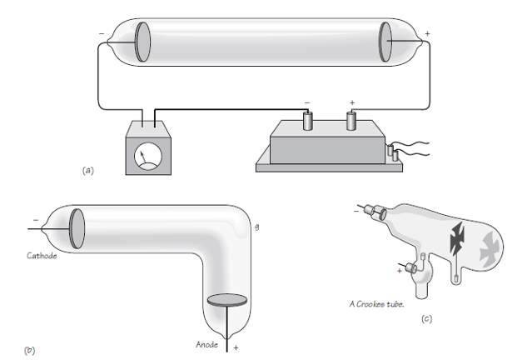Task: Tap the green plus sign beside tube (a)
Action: tap(428, 33)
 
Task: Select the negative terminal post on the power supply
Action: tap(308, 122)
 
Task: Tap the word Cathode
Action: tap(41, 255)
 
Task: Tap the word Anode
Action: tap(207, 342)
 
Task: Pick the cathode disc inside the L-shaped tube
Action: tap(76, 227)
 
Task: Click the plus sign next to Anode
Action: tap(236, 346)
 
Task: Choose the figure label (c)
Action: tap(427, 317)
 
